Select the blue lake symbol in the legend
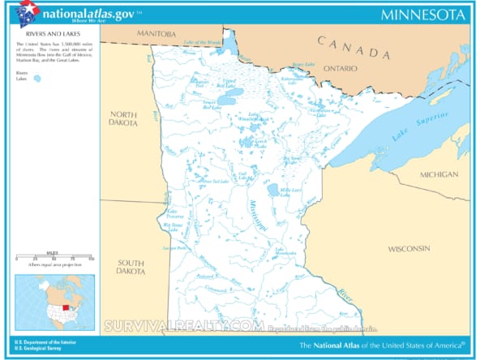(x=36, y=79)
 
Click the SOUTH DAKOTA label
(x=130, y=267)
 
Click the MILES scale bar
(x=54, y=257)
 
